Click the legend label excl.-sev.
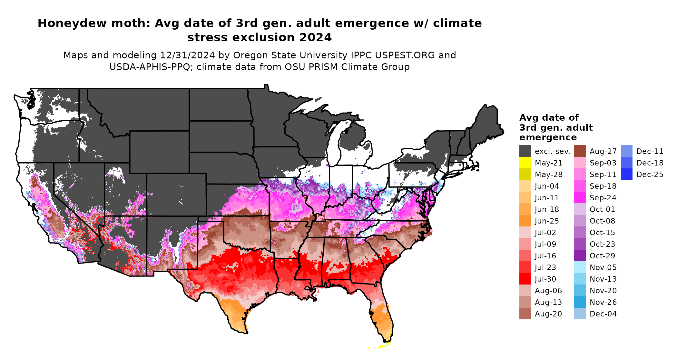(x=552, y=151)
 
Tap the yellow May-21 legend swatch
(x=525, y=163)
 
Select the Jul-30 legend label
(x=545, y=279)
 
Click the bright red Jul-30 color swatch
(x=525, y=279)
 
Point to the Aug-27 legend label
(x=603, y=151)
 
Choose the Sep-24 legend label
(x=603, y=198)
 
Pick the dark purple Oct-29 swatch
(x=580, y=256)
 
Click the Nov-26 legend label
(x=603, y=302)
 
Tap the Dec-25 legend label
(x=650, y=175)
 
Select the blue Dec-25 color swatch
(x=626, y=175)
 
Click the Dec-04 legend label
(x=603, y=314)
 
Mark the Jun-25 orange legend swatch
(x=525, y=221)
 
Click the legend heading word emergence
(x=548, y=138)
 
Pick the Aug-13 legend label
(x=548, y=302)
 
